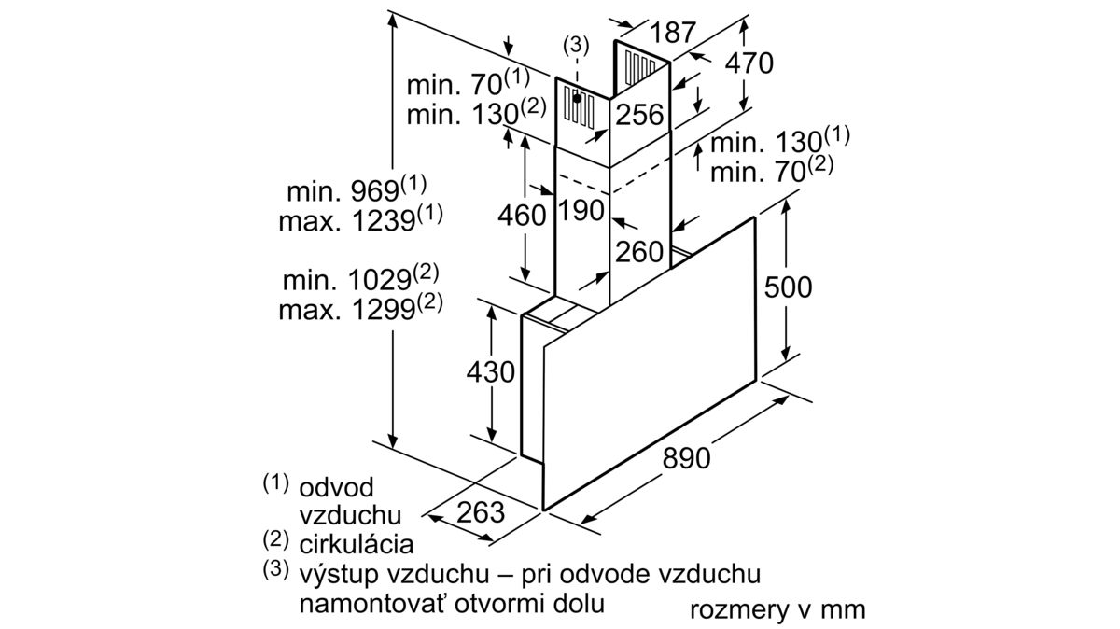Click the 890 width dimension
(686, 458)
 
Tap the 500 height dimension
(788, 287)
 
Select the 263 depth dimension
(481, 512)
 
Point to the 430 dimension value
(491, 372)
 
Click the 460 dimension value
(522, 216)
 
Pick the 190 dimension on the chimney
(581, 211)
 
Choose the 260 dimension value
(639, 251)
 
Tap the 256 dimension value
(639, 115)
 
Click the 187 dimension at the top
(673, 33)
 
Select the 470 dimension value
(749, 63)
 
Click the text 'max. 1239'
(347, 220)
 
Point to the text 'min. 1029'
(347, 280)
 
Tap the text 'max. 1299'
(347, 310)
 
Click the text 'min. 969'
(343, 191)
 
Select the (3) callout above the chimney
(576, 46)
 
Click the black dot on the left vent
(577, 98)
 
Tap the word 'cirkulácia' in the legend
(356, 544)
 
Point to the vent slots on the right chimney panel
(639, 67)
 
